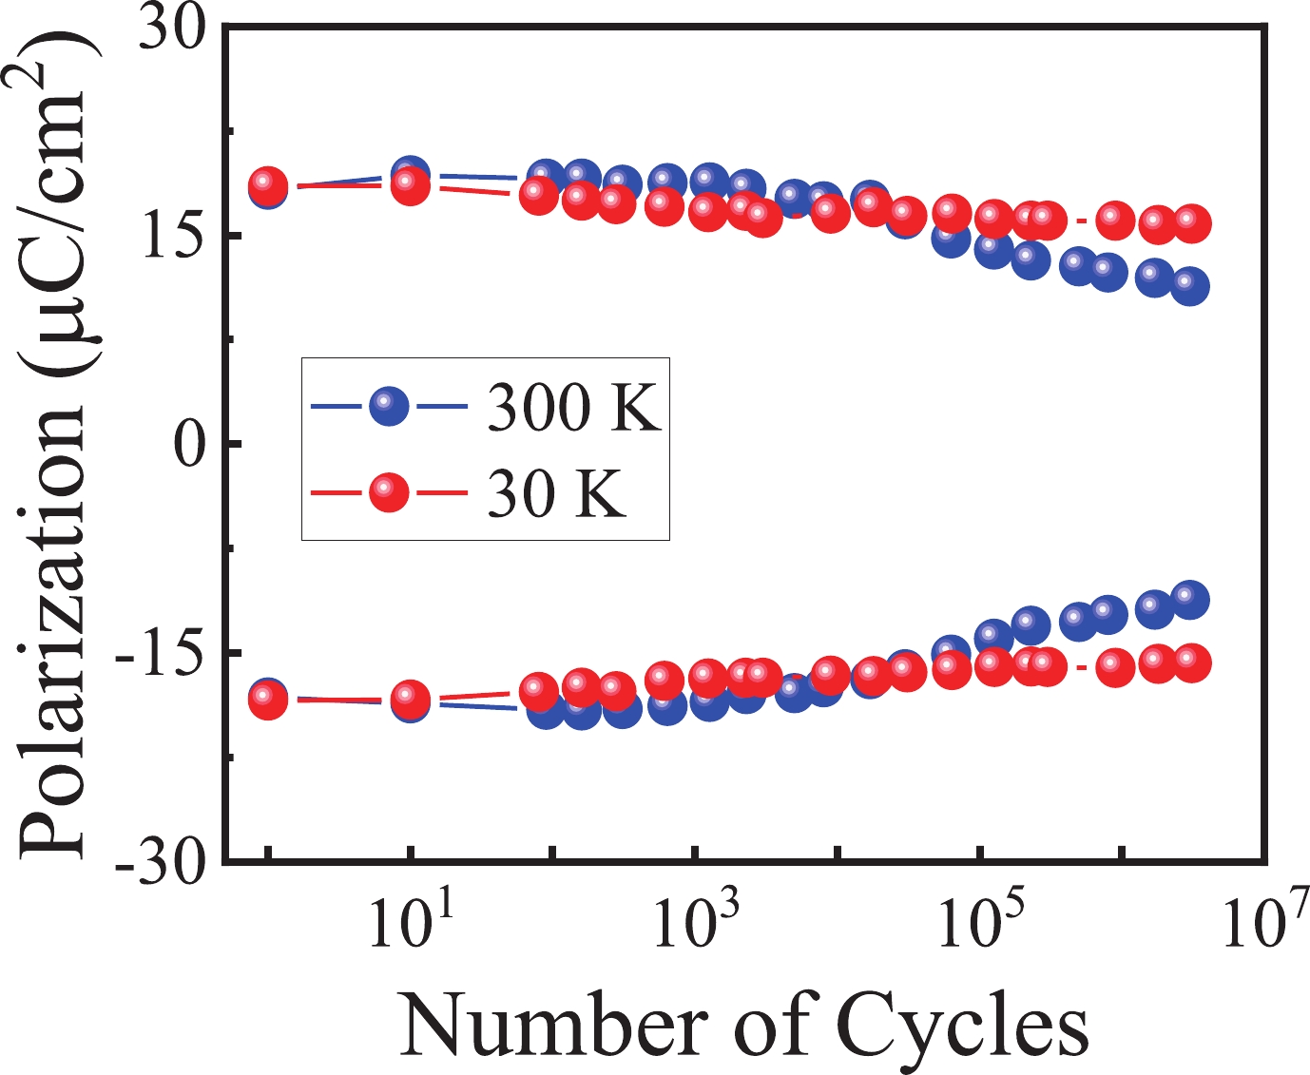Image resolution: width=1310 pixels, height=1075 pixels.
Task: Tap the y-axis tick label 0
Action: tap(189, 445)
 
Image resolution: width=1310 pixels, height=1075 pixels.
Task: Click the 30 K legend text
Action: tap(556, 495)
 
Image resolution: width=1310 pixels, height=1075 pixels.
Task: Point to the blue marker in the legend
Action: tap(389, 408)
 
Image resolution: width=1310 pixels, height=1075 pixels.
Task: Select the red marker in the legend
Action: tap(389, 492)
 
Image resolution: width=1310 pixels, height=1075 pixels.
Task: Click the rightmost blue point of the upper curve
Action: tap(1190, 285)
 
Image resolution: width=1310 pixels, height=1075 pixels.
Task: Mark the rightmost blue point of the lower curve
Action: tap(1190, 599)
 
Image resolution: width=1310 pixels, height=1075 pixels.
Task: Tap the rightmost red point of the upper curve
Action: tap(1191, 222)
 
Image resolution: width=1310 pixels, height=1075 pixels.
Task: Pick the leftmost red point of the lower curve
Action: tap(268, 701)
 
